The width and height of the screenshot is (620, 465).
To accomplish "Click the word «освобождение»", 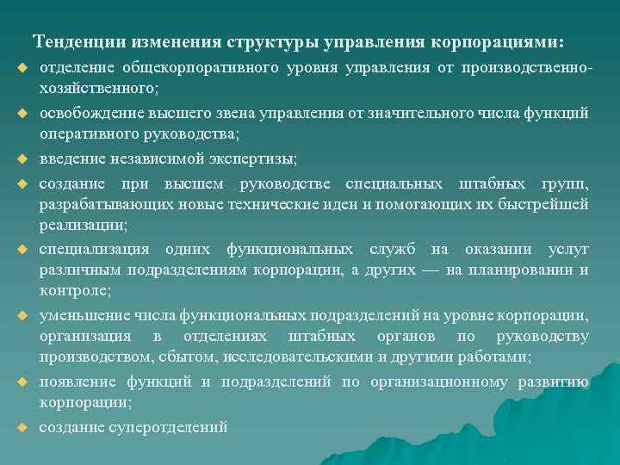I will pos(84,113).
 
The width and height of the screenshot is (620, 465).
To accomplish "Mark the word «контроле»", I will pos(72,291).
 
